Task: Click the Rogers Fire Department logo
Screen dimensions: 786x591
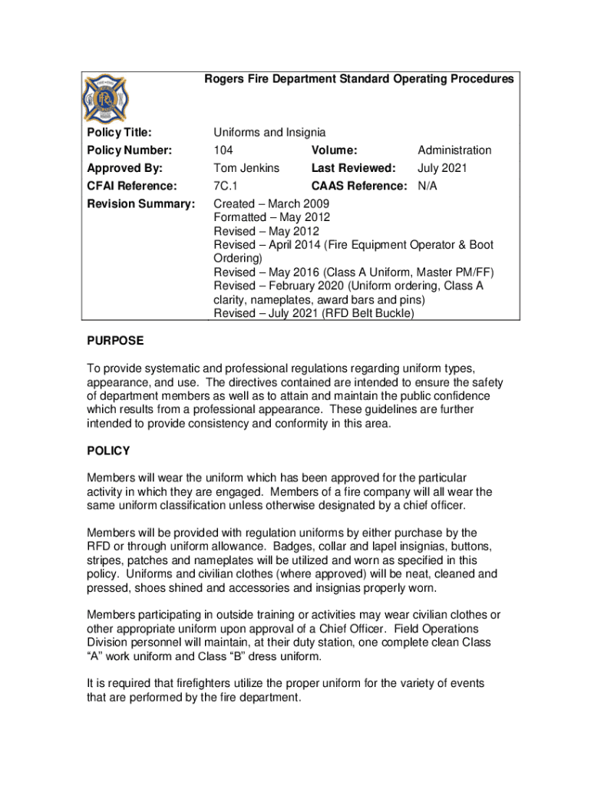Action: click(107, 101)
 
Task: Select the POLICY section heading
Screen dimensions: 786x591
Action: click(108, 451)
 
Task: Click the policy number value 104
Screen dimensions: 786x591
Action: click(223, 150)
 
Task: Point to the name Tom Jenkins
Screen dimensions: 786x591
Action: click(246, 168)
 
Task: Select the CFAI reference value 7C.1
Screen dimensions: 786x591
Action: click(226, 186)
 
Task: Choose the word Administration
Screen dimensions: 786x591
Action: click(454, 150)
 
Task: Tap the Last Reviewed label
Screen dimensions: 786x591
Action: click(353, 168)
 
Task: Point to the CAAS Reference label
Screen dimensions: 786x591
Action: click(359, 186)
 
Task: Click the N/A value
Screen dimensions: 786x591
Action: click(428, 186)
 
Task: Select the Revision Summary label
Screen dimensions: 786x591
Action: click(140, 203)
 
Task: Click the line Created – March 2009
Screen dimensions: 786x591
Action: click(271, 203)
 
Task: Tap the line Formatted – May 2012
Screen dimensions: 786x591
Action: click(272, 217)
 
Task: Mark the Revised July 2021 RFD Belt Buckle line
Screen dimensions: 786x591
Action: click(313, 314)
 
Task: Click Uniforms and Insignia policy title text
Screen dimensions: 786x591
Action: click(269, 133)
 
